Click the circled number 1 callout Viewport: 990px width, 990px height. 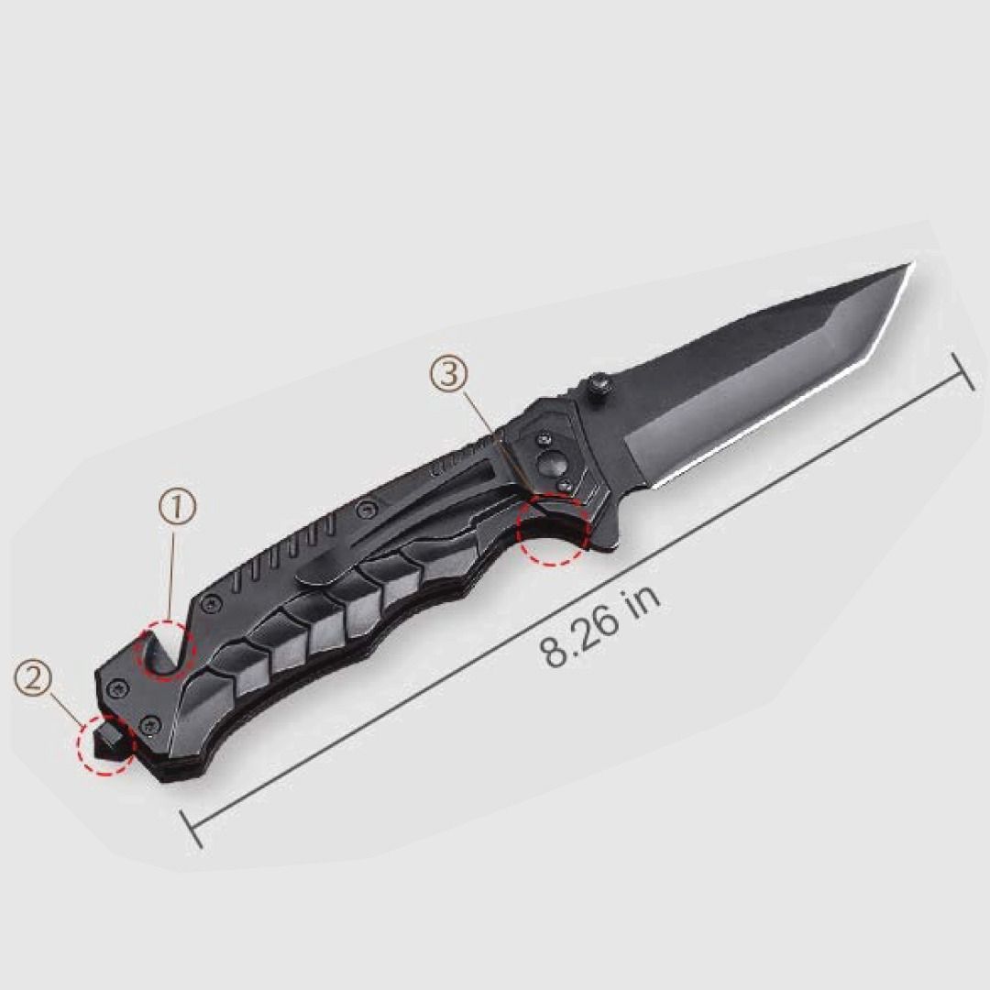coord(178,508)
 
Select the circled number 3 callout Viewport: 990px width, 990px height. coord(449,374)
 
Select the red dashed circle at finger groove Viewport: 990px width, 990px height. coord(553,528)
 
